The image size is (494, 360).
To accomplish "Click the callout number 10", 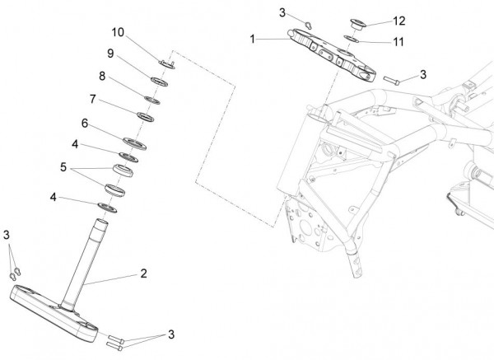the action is tap(118, 32).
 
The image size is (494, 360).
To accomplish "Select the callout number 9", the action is tap(110, 54).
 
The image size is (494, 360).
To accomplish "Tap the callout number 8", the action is tap(102, 76).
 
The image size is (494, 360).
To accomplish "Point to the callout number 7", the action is tap(92, 99).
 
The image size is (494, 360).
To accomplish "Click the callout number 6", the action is tap(85, 124).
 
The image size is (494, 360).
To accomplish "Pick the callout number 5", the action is tap(63, 167).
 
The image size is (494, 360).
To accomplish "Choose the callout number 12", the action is tap(399, 21).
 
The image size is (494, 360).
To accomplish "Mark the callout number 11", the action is tap(398, 42).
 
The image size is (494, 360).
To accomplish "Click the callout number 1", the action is tap(252, 39).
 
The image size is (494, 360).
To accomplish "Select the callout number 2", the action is tap(143, 274).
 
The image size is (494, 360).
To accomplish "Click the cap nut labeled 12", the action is tap(357, 24).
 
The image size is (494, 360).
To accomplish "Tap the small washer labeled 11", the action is tap(352, 39).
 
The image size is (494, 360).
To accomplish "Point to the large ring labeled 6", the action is tap(135, 143).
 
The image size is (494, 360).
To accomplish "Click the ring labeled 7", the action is tap(145, 117).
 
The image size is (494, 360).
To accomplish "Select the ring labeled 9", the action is tap(159, 82).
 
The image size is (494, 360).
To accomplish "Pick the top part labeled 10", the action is tap(166, 64).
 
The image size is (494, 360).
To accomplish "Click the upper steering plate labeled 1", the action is tap(332, 55).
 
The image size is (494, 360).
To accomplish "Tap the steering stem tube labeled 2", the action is tap(84, 264).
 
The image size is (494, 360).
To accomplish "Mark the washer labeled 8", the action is tap(152, 100).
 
